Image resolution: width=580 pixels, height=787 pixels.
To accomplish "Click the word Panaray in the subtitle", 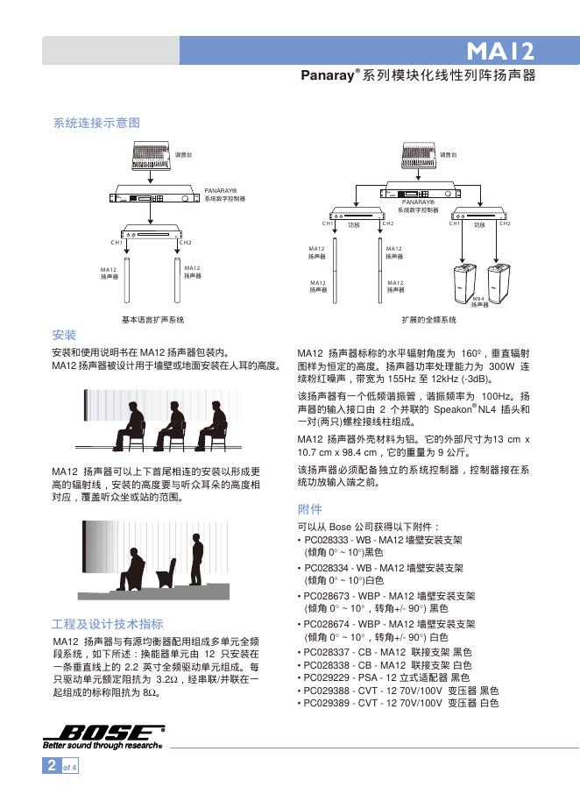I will [x=326, y=77].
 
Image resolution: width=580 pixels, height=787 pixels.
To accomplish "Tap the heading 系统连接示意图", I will [x=96, y=123].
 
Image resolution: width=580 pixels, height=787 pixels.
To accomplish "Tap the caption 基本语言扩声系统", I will [x=152, y=320].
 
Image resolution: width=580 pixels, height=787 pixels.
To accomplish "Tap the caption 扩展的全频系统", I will [x=429, y=320].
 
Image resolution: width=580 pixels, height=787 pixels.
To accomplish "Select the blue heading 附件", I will [x=310, y=508].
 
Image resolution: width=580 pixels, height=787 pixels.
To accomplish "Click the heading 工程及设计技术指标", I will [x=108, y=624].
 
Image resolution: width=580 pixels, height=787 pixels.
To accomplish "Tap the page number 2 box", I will [x=52, y=766].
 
